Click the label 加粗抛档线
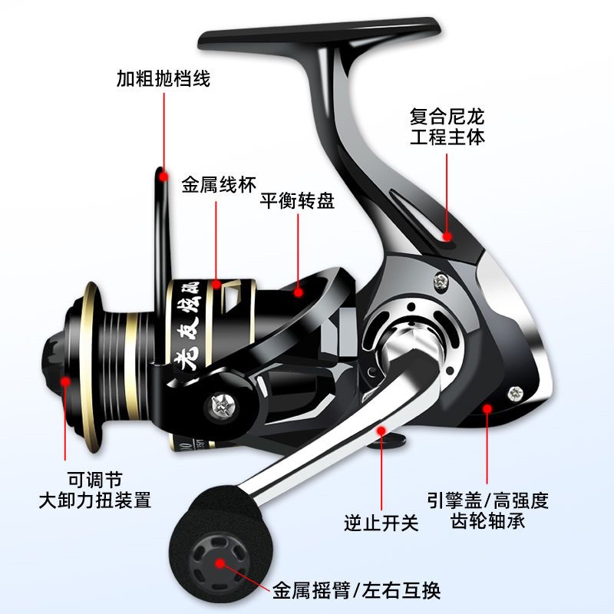click(x=163, y=79)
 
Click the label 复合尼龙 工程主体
click(x=447, y=127)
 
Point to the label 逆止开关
click(x=381, y=523)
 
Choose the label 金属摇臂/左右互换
click(x=356, y=591)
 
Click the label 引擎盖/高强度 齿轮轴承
click(x=489, y=511)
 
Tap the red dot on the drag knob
click(x=65, y=381)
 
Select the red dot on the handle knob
click(x=220, y=563)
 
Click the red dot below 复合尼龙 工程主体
click(x=448, y=236)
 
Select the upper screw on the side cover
click(x=441, y=283)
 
